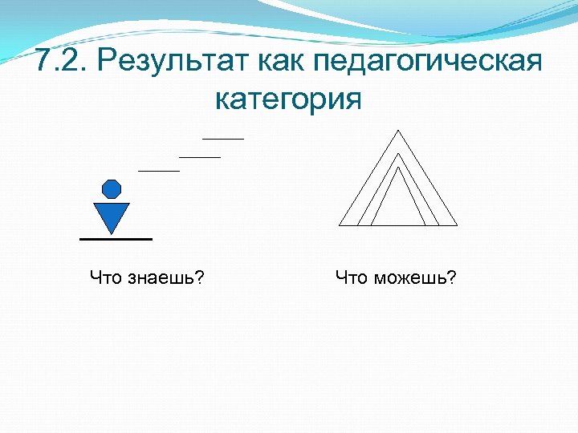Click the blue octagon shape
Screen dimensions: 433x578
[112, 189]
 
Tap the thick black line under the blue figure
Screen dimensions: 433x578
[116, 239]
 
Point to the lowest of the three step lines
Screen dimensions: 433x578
[159, 171]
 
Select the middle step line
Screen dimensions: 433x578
[199, 157]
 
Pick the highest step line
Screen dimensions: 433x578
[222, 139]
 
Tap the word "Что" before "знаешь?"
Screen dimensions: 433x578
[105, 278]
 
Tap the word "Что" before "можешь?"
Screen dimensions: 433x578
[351, 278]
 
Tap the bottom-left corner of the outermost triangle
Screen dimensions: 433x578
[340, 225]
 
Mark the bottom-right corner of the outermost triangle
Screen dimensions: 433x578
[457, 225]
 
